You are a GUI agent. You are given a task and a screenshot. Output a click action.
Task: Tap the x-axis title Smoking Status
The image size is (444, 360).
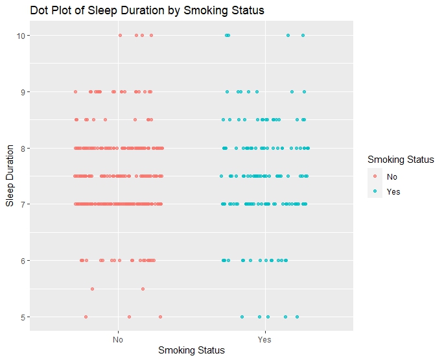point(191,350)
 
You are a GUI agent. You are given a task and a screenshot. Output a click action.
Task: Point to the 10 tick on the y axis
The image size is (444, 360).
point(20,35)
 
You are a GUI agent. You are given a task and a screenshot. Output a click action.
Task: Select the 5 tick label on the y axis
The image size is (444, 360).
point(22,317)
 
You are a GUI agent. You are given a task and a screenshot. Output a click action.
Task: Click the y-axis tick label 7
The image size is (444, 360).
point(22,204)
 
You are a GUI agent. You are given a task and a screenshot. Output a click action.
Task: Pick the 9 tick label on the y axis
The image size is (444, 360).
point(22,91)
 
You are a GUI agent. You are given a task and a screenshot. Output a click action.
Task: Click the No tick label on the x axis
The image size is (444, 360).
point(118,339)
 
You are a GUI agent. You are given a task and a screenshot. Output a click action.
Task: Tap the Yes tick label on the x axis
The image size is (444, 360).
point(264,339)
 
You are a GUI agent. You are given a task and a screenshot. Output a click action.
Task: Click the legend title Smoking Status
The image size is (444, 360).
point(400,160)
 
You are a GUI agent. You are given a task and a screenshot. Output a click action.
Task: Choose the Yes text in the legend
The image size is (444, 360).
point(393,192)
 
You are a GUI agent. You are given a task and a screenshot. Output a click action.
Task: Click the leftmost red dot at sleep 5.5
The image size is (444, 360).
point(92,289)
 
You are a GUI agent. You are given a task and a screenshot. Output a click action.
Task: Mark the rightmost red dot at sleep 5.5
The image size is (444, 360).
point(143,289)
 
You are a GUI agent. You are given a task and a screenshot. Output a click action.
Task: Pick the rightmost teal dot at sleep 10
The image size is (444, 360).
point(303,35)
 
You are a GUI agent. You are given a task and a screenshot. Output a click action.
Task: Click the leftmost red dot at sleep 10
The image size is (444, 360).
point(120,35)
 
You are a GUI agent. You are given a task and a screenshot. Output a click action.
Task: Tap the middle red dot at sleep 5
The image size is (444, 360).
point(130,317)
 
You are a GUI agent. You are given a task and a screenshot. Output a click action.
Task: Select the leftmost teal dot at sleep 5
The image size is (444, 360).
point(242,317)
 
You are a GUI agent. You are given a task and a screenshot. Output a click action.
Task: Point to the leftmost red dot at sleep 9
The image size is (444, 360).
point(76,91)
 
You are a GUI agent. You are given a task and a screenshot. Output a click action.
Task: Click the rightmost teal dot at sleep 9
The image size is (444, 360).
point(304,91)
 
